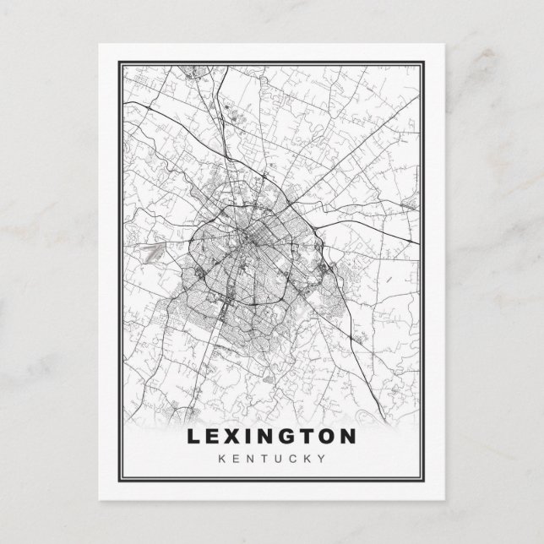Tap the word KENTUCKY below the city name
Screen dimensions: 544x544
[272, 459]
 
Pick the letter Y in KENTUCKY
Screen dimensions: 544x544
[322, 459]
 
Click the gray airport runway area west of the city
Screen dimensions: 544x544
[153, 251]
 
